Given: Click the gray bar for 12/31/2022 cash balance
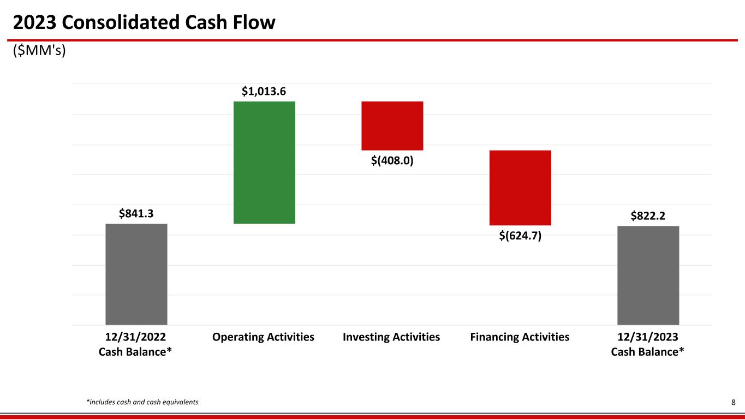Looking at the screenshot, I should click(136, 274).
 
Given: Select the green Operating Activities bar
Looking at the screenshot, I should click(264, 162).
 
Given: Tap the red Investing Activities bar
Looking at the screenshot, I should click(392, 125).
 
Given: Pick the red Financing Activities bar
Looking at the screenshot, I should click(520, 187).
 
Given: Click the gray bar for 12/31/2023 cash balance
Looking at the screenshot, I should click(648, 275).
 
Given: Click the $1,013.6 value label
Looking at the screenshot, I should click(264, 92).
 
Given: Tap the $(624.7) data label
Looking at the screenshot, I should click(520, 236).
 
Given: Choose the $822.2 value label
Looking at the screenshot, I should click(648, 216).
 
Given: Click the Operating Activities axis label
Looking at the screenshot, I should click(264, 337).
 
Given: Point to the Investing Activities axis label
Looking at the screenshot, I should click(391, 337).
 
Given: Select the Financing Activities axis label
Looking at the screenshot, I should click(520, 337).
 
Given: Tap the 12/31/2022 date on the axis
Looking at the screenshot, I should click(135, 337).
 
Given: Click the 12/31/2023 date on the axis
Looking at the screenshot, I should click(647, 337).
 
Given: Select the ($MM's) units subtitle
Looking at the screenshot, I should click(39, 52).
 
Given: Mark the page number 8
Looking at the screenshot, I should click(734, 403).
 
